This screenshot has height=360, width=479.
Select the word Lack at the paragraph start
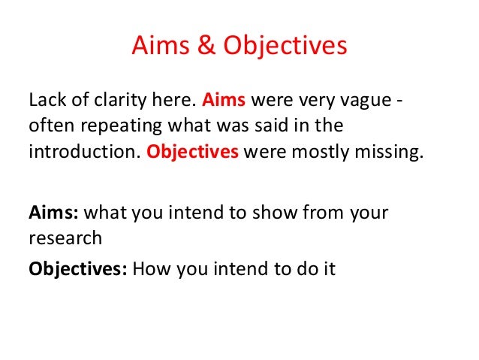pyautogui.click(x=47, y=100)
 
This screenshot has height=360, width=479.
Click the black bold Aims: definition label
pyautogui.click(x=53, y=213)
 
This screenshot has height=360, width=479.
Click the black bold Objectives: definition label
pyautogui.click(x=77, y=268)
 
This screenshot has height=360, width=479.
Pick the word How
pyautogui.click(x=149, y=268)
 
